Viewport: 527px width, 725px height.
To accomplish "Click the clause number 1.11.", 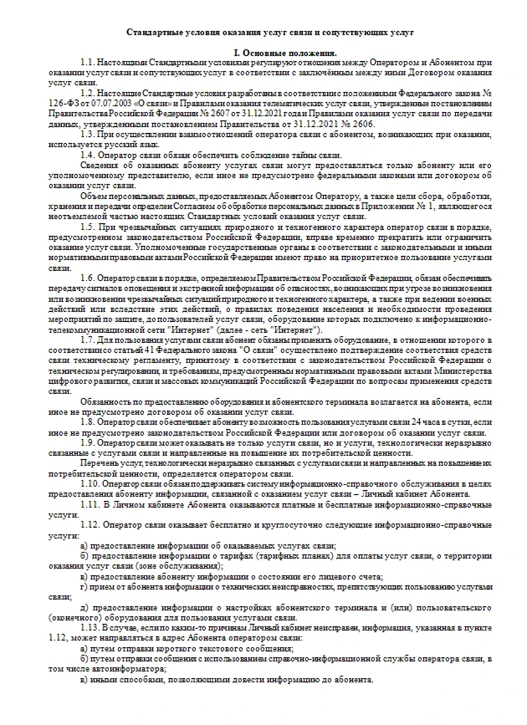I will pos(90,504).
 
